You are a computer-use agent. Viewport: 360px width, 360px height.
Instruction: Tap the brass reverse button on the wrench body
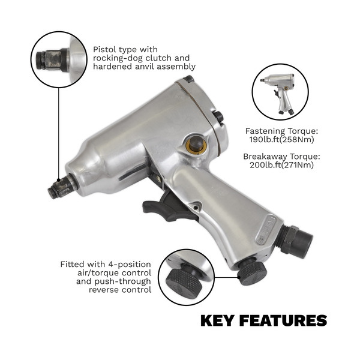194,145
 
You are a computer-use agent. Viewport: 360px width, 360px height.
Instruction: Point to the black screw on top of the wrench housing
189,79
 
